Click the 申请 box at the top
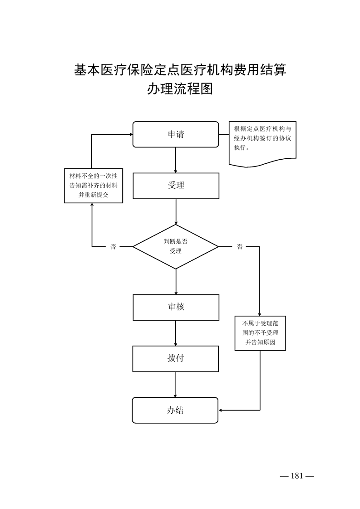[x=176, y=134]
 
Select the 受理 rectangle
[x=176, y=186]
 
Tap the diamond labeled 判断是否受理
[x=176, y=246]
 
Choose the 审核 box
[x=176, y=307]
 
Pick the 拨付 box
[x=176, y=358]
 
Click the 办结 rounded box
[x=176, y=410]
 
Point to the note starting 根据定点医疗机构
[x=263, y=141]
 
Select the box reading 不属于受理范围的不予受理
[x=261, y=333]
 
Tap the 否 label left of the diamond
[x=113, y=247]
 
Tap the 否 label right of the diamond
[x=239, y=247]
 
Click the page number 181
[x=297, y=476]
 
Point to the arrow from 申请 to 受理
[x=176, y=160]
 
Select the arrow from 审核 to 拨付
[x=176, y=333]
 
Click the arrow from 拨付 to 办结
[x=176, y=384]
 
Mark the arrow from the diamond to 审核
[x=176, y=281]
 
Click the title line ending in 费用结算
[x=180, y=70]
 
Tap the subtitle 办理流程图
[x=180, y=89]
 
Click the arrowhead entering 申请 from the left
[x=130, y=134]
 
